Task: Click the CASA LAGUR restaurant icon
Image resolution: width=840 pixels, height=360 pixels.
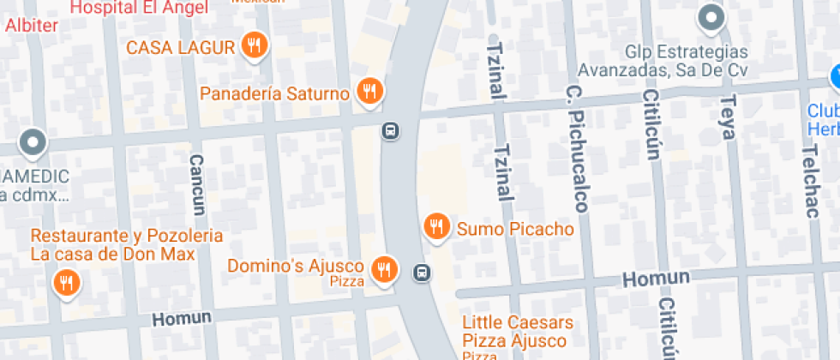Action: pyautogui.click(x=253, y=45)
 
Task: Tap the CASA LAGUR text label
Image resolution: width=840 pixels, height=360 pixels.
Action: pyautogui.click(x=180, y=48)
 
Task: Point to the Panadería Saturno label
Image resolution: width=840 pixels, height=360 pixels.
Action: pyautogui.click(x=274, y=93)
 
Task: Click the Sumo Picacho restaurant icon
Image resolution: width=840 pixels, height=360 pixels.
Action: pyautogui.click(x=437, y=227)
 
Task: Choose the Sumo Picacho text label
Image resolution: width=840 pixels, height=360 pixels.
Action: pyautogui.click(x=515, y=230)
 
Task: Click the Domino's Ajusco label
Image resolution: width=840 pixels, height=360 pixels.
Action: pyautogui.click(x=296, y=267)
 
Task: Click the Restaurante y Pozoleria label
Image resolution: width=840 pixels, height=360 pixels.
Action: pyautogui.click(x=127, y=236)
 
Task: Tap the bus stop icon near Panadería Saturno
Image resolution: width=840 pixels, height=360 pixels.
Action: pyautogui.click(x=390, y=131)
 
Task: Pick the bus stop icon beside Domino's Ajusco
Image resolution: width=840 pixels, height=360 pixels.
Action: pyautogui.click(x=422, y=273)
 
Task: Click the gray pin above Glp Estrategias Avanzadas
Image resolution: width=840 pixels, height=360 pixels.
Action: pyautogui.click(x=711, y=17)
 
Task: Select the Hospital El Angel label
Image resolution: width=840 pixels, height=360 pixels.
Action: pyautogui.click(x=139, y=9)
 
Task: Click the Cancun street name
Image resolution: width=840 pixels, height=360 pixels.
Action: pyautogui.click(x=198, y=184)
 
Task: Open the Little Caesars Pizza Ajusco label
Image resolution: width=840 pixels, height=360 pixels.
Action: pyautogui.click(x=518, y=331)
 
